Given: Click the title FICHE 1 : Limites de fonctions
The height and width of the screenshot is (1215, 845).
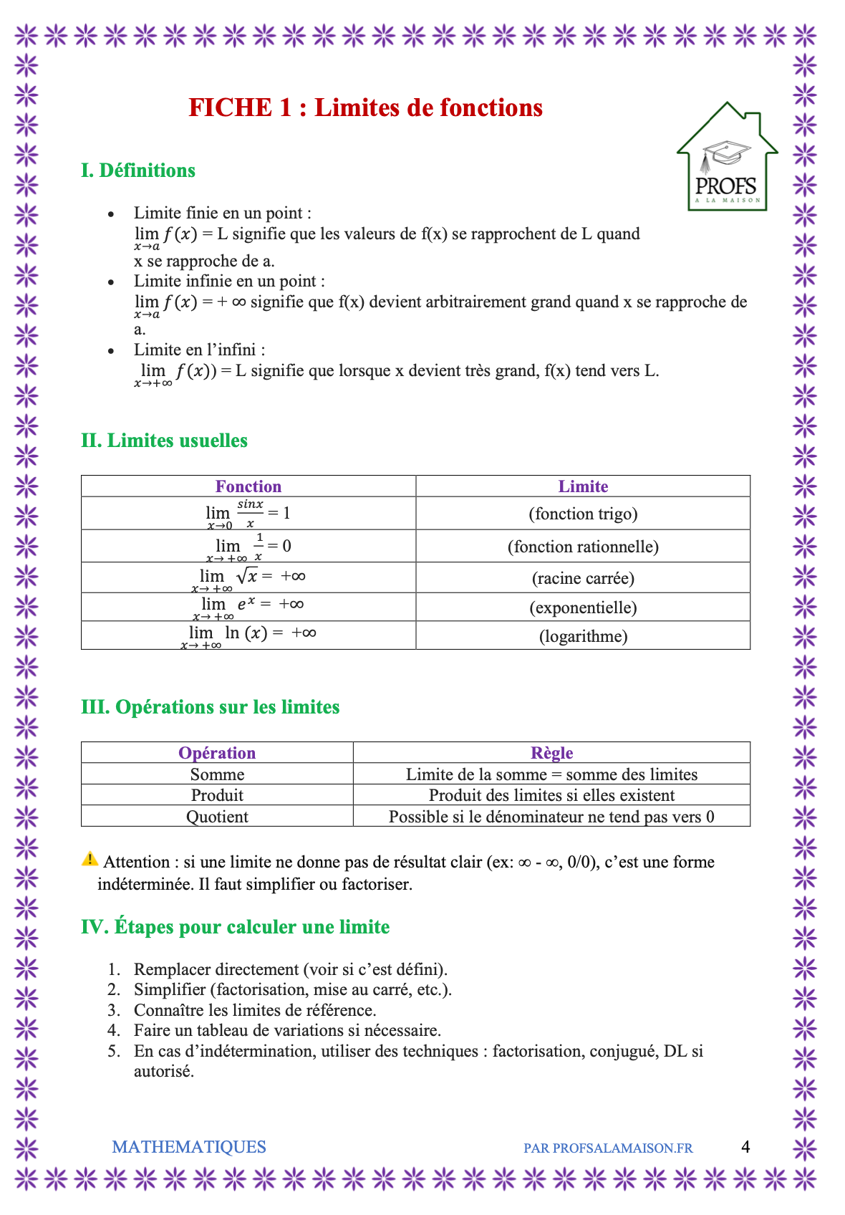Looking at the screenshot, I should pyautogui.click(x=365, y=107).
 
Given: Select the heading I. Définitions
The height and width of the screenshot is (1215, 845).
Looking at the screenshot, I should pyautogui.click(x=138, y=171).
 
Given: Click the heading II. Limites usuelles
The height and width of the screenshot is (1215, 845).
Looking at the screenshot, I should pyautogui.click(x=165, y=441).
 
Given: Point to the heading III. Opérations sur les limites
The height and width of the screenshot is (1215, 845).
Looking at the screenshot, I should pyautogui.click(x=211, y=707).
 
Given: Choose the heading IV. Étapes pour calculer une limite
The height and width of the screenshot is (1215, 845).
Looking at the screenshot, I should pyautogui.click(x=236, y=927).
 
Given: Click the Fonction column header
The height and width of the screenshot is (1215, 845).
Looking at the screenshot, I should pyautogui.click(x=248, y=486).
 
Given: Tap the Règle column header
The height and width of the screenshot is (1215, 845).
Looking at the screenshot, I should pyautogui.click(x=551, y=753).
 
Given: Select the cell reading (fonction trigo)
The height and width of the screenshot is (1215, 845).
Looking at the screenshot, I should pyautogui.click(x=583, y=514).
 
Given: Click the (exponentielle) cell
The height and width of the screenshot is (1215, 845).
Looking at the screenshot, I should pyautogui.click(x=583, y=607).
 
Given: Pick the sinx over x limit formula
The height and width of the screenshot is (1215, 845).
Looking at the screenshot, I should pyautogui.click(x=248, y=514).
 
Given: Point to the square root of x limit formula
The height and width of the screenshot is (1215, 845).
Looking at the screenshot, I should pyautogui.click(x=248, y=577).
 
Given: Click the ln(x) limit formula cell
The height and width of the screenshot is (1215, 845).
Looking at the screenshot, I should pyautogui.click(x=248, y=635).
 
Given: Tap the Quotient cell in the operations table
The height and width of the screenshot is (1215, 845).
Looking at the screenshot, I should pyautogui.click(x=217, y=817).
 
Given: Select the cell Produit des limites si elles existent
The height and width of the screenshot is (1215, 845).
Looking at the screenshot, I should pyautogui.click(x=551, y=795).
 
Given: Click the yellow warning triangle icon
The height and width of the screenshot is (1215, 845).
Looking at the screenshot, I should pyautogui.click(x=90, y=859).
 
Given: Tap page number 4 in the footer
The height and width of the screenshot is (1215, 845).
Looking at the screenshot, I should pyautogui.click(x=745, y=1147).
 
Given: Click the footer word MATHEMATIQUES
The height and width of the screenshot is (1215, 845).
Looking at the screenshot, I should pyautogui.click(x=189, y=1147).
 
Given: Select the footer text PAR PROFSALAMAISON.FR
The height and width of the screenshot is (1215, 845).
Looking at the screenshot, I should pyautogui.click(x=608, y=1148).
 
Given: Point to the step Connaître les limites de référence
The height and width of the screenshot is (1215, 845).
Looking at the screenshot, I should pyautogui.click(x=255, y=1010).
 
